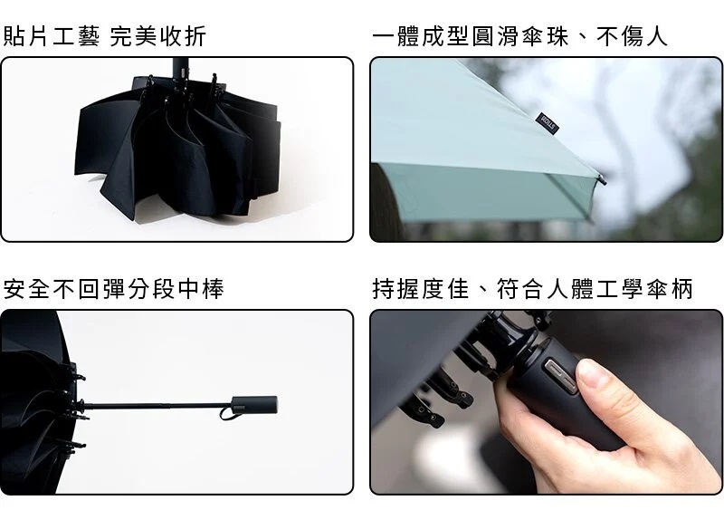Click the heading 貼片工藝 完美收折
click(104, 36)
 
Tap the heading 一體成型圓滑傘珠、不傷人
click(519, 36)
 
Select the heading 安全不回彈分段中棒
click(114, 289)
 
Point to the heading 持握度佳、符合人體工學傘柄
click(532, 289)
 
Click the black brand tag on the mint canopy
click(548, 123)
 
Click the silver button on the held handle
click(560, 376)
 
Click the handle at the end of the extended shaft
click(254, 404)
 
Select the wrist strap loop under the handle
click(230, 413)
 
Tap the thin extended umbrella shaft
click(157, 406)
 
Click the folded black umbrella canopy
click(177, 148)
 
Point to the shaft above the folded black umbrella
click(180, 69)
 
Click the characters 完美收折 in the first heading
click(157, 36)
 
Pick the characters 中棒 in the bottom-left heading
click(201, 289)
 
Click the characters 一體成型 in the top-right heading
click(421, 36)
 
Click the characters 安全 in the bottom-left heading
click(26, 289)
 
